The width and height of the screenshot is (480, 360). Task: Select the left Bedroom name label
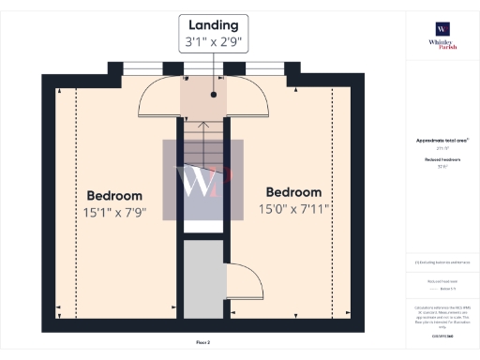coord(114,195)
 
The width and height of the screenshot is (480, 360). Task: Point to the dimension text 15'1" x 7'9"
coord(114,213)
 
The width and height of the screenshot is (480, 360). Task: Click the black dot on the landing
coord(215,95)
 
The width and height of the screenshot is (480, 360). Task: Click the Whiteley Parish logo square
coord(441,28)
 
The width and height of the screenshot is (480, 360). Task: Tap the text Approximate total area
coord(441,141)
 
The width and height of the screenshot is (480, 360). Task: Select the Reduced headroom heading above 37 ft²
coord(441,160)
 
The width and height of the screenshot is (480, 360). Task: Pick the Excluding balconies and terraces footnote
coord(442,262)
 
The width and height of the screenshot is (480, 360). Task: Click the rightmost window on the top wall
coord(272,68)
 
